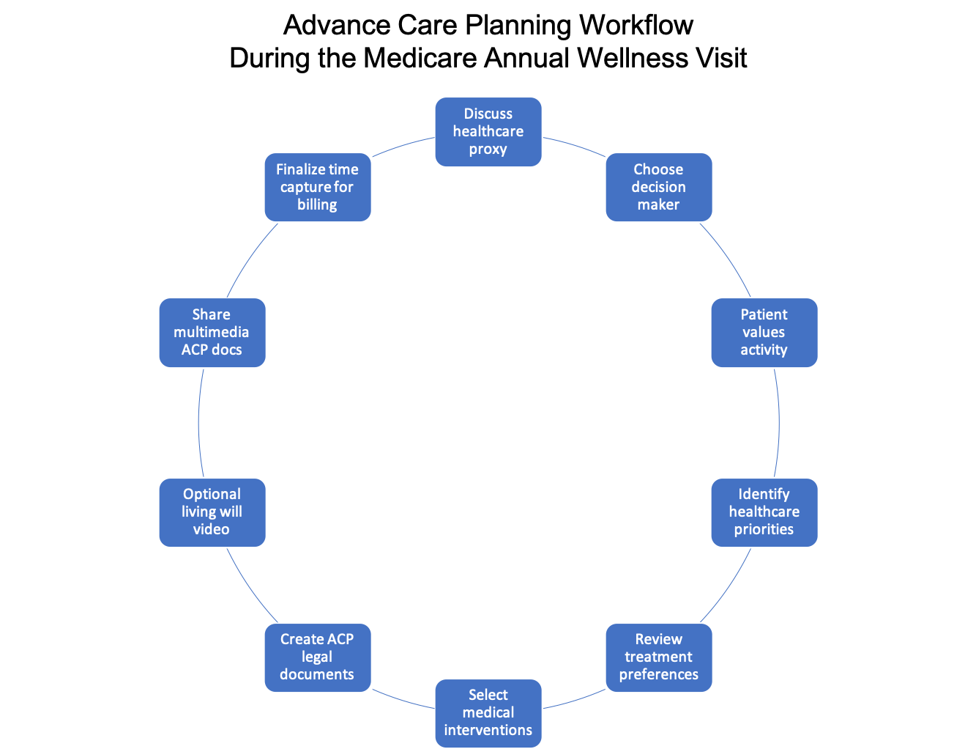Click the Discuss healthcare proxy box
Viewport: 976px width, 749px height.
(x=488, y=132)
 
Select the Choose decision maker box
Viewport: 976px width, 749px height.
(x=658, y=187)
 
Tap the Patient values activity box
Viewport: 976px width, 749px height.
(x=764, y=332)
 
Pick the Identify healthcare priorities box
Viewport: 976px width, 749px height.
(x=764, y=512)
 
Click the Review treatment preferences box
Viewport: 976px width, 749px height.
(x=658, y=657)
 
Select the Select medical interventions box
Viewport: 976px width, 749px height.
(x=488, y=712)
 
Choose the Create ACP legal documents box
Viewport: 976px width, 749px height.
(x=317, y=657)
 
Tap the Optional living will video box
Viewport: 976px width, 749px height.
(x=212, y=512)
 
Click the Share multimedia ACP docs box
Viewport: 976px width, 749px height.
(x=212, y=332)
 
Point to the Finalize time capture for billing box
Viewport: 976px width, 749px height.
(x=317, y=187)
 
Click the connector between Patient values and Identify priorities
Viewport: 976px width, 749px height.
(x=779, y=422)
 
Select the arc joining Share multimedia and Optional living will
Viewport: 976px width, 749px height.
(x=198, y=422)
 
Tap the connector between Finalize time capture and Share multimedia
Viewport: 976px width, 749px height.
(x=250, y=258)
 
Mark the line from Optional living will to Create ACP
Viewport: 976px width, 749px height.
(x=250, y=586)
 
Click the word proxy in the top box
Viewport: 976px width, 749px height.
(x=488, y=150)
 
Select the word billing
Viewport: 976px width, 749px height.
(x=317, y=204)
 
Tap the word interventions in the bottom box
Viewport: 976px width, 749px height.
(x=488, y=730)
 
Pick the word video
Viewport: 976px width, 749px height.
(x=212, y=529)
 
